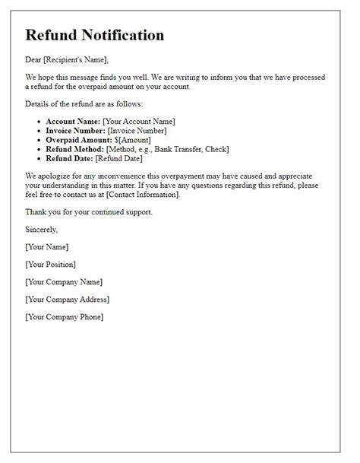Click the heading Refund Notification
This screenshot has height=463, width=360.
point(94,35)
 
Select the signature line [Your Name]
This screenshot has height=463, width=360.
point(46,246)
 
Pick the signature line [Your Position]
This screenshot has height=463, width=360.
point(50,264)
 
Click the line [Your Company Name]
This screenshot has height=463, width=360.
point(64,281)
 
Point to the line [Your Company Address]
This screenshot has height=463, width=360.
point(67,299)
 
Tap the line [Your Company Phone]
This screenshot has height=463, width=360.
point(64,316)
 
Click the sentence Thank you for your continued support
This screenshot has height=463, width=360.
point(89,211)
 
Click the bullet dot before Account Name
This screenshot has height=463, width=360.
point(39,122)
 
